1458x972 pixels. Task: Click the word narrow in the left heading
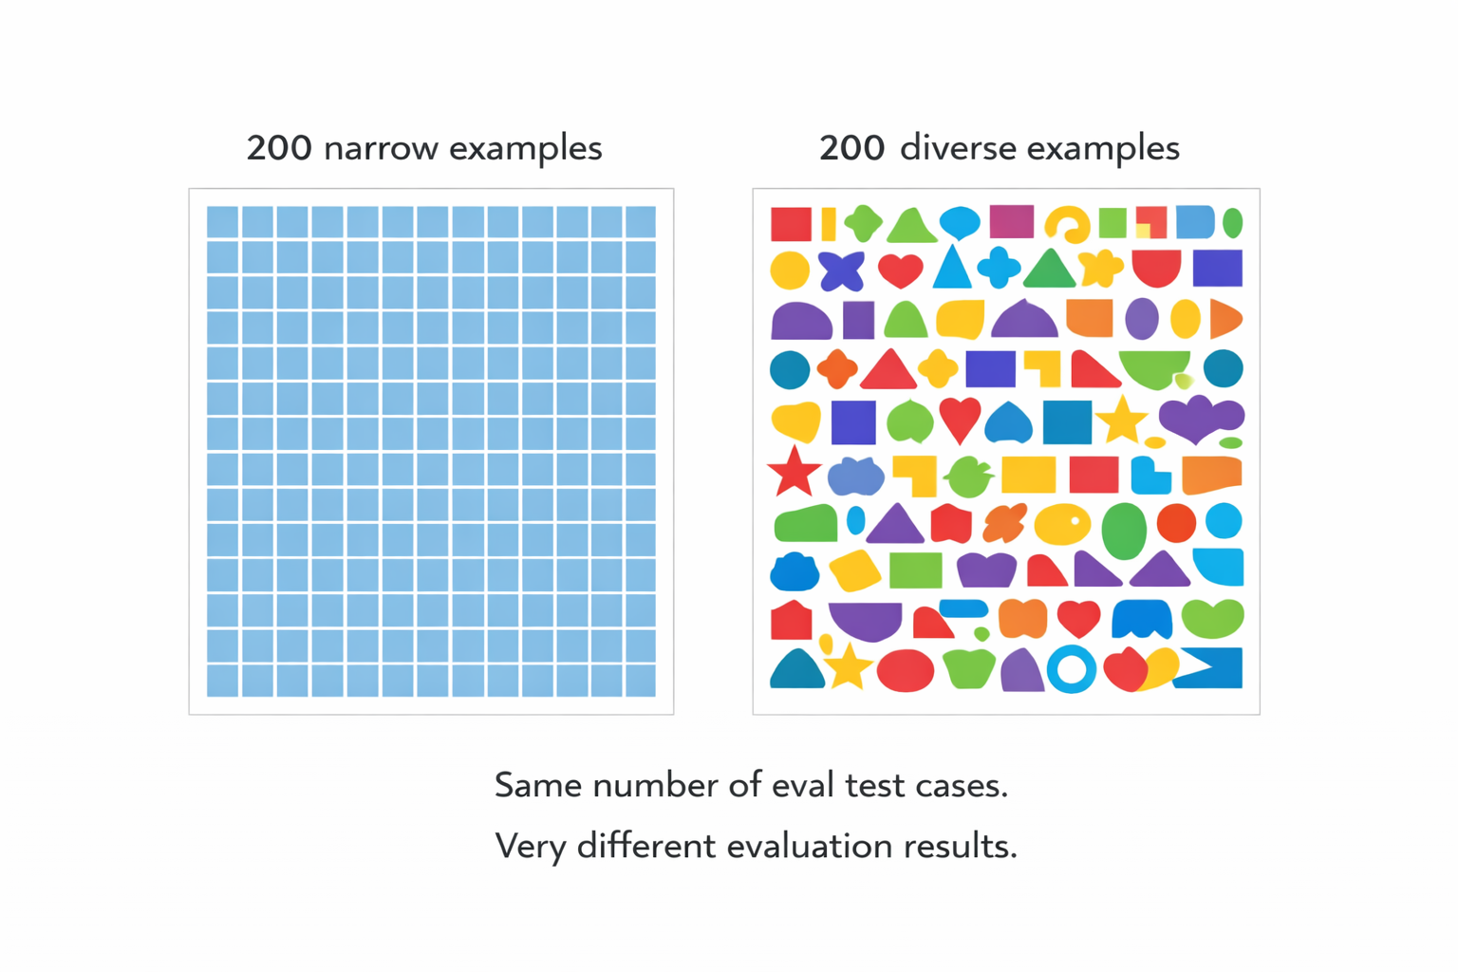click(x=381, y=148)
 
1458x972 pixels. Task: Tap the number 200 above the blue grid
click(x=279, y=148)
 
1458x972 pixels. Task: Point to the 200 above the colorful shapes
click(x=851, y=148)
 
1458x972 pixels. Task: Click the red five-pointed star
click(x=794, y=473)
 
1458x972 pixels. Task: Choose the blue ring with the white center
click(x=1072, y=668)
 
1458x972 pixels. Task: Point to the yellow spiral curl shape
click(x=1067, y=225)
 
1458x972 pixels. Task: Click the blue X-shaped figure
click(x=841, y=271)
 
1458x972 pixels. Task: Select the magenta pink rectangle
click(x=1011, y=221)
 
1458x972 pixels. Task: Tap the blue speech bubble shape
click(x=960, y=222)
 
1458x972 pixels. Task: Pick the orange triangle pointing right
click(x=1224, y=319)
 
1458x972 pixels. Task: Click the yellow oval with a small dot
click(x=1062, y=524)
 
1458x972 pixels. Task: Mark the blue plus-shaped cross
click(x=999, y=268)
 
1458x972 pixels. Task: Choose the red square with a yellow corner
click(x=1150, y=222)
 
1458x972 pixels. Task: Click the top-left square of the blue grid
click(x=222, y=222)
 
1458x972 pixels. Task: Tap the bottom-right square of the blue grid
click(x=641, y=681)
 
